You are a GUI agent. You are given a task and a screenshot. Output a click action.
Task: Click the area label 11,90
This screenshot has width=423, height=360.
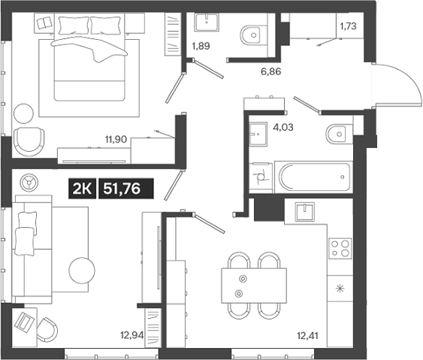click(x=116, y=138)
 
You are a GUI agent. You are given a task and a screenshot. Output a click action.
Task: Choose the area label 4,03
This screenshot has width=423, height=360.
click(x=283, y=127)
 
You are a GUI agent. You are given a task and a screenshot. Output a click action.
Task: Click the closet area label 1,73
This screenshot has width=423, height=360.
click(x=349, y=26)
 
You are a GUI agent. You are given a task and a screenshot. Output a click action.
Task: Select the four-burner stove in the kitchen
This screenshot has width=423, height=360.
click(x=340, y=247)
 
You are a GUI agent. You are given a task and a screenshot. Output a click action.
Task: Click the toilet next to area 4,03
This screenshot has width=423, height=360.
click(x=336, y=135)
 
